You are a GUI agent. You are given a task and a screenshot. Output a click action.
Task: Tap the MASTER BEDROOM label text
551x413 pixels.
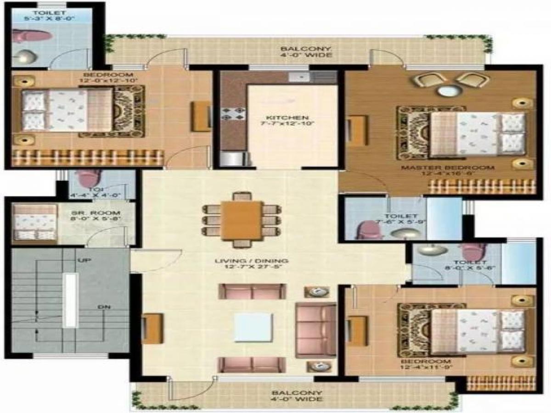(x=447, y=167)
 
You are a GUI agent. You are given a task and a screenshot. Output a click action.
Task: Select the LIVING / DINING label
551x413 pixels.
(x=252, y=262)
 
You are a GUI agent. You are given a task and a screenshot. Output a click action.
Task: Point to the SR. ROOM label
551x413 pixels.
(x=96, y=213)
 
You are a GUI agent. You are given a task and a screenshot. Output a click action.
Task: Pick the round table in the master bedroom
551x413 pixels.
(x=444, y=90)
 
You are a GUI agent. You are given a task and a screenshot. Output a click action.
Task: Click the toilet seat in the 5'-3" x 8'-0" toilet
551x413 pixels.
(x=28, y=36)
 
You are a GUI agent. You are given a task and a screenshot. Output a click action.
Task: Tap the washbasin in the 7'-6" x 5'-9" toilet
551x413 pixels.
(x=402, y=233)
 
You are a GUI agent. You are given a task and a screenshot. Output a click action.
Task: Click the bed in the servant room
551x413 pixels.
(x=34, y=223)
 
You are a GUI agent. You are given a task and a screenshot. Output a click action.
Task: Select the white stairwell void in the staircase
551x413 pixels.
(x=70, y=301)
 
